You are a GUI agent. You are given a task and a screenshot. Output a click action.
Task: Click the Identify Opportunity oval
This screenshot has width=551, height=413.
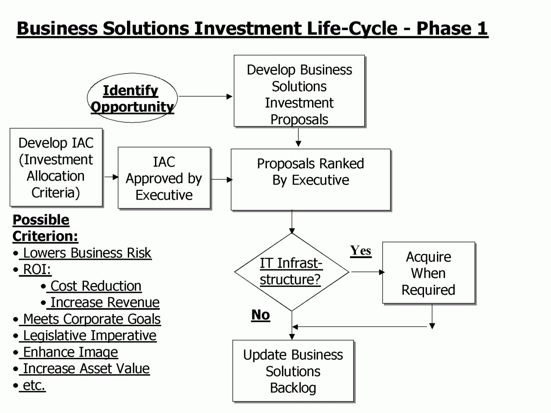(132, 98)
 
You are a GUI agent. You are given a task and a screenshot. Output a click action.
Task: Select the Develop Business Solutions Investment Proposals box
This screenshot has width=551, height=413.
(299, 91)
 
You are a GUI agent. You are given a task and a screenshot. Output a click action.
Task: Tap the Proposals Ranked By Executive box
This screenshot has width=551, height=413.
(311, 179)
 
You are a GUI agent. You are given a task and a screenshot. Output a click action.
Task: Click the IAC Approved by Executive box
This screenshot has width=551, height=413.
(164, 178)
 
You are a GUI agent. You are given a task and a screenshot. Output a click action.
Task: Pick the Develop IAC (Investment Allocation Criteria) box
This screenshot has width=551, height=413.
(56, 167)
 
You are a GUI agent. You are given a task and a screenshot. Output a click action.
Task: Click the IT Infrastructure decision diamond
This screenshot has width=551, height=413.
(291, 272)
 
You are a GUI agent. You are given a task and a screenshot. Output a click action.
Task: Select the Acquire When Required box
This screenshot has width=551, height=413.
(429, 273)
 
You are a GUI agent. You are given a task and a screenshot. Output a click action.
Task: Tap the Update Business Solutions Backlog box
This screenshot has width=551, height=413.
(293, 371)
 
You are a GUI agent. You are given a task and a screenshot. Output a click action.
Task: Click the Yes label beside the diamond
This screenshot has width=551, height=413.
(361, 251)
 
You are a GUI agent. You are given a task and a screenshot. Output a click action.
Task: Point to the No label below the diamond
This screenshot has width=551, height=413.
(260, 315)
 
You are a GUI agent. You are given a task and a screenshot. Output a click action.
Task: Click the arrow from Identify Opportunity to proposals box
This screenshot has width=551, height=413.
(205, 96)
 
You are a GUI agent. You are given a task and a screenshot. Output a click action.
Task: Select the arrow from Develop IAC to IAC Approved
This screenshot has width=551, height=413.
(111, 177)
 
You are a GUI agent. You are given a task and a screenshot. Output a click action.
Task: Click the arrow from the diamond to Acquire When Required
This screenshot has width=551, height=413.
(368, 272)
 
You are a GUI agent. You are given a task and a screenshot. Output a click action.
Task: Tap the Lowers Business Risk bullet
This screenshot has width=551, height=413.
(82, 253)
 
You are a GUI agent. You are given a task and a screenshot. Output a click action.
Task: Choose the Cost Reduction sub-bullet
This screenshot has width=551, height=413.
(91, 286)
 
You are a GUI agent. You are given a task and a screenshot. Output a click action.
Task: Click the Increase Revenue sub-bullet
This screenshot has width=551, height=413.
(100, 302)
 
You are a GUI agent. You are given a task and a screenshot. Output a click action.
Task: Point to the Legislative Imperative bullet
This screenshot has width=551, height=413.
(85, 336)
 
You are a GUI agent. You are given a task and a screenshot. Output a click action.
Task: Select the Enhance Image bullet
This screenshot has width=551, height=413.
(65, 352)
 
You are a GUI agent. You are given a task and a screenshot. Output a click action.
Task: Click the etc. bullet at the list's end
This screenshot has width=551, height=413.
(29, 385)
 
